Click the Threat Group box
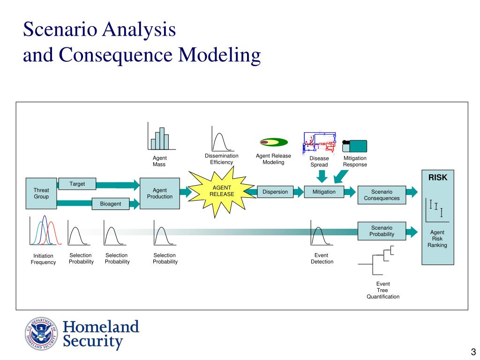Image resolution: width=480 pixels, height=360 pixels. click(x=41, y=193)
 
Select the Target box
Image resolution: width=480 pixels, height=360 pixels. click(x=77, y=184)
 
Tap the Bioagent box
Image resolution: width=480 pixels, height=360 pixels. click(x=111, y=204)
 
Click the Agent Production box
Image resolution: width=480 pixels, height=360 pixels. click(x=160, y=193)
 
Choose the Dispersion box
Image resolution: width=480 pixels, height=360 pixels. click(x=275, y=192)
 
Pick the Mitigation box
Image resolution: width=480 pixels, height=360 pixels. click(x=324, y=192)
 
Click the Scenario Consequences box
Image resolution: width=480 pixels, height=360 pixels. click(x=382, y=195)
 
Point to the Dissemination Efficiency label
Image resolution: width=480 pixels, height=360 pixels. click(x=221, y=159)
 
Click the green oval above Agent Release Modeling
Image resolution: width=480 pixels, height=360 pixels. click(x=274, y=142)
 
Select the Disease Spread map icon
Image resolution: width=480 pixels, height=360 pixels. click(x=319, y=142)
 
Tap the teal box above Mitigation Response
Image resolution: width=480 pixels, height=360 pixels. click(x=355, y=146)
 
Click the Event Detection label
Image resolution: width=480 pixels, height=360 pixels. click(x=322, y=258)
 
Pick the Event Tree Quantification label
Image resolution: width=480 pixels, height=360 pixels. click(x=383, y=290)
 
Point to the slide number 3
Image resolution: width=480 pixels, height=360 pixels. click(x=473, y=353)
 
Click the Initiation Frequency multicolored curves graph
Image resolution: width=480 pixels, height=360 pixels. click(x=45, y=231)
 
